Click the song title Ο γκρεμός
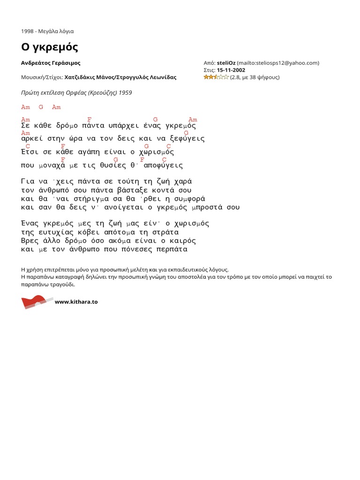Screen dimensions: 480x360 tap(49, 47)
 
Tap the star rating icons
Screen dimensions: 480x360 tap(216, 77)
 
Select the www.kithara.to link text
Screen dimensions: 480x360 tap(76, 302)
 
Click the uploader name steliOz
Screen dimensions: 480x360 tap(226, 63)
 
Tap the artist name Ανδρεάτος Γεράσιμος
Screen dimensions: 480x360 tap(54, 63)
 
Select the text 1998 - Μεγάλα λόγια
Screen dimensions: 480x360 tap(47, 31)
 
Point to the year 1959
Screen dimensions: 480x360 tap(125, 92)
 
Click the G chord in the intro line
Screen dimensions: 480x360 tap(41, 107)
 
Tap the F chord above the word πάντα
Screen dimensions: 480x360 tap(90, 120)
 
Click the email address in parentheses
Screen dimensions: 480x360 tap(278, 63)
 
